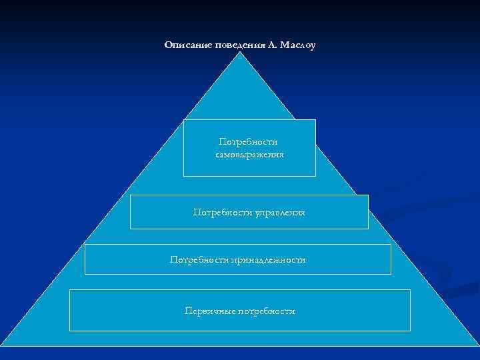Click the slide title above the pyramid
[x=239, y=45]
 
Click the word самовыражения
[x=249, y=155]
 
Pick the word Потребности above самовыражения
[x=249, y=142]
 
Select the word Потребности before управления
[x=218, y=213]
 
